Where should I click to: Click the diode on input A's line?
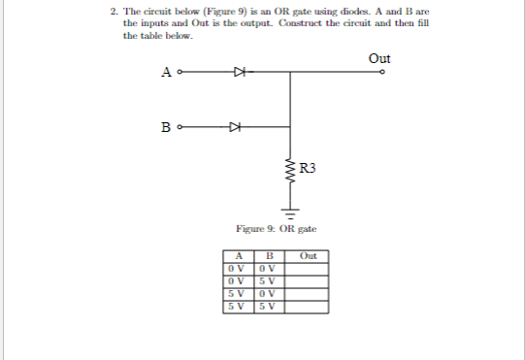click(x=238, y=71)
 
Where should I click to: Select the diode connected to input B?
click(x=234, y=126)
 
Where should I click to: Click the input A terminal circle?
click(x=179, y=71)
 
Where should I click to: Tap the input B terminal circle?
click(x=179, y=126)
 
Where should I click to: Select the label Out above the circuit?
click(x=379, y=58)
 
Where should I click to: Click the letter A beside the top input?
click(x=167, y=72)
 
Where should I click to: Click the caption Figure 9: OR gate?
click(x=277, y=229)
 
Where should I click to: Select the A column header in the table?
click(x=234, y=256)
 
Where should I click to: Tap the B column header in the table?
click(x=270, y=256)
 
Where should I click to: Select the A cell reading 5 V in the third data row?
click(x=234, y=293)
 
